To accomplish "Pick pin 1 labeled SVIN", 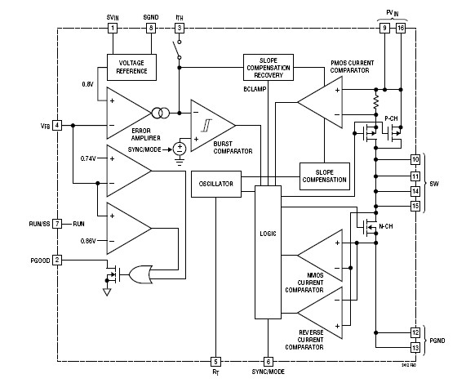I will click(113, 28).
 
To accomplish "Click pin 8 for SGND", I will click(150, 28).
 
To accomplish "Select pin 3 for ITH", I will click(179, 28).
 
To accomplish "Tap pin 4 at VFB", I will click(57, 125).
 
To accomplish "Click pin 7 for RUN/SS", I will click(57, 223).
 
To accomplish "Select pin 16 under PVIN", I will click(400, 28).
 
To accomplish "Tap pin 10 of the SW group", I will click(415, 160).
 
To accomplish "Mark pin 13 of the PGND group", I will click(415, 347).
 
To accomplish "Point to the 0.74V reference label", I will click(89, 158).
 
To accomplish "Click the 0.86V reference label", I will click(89, 241).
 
